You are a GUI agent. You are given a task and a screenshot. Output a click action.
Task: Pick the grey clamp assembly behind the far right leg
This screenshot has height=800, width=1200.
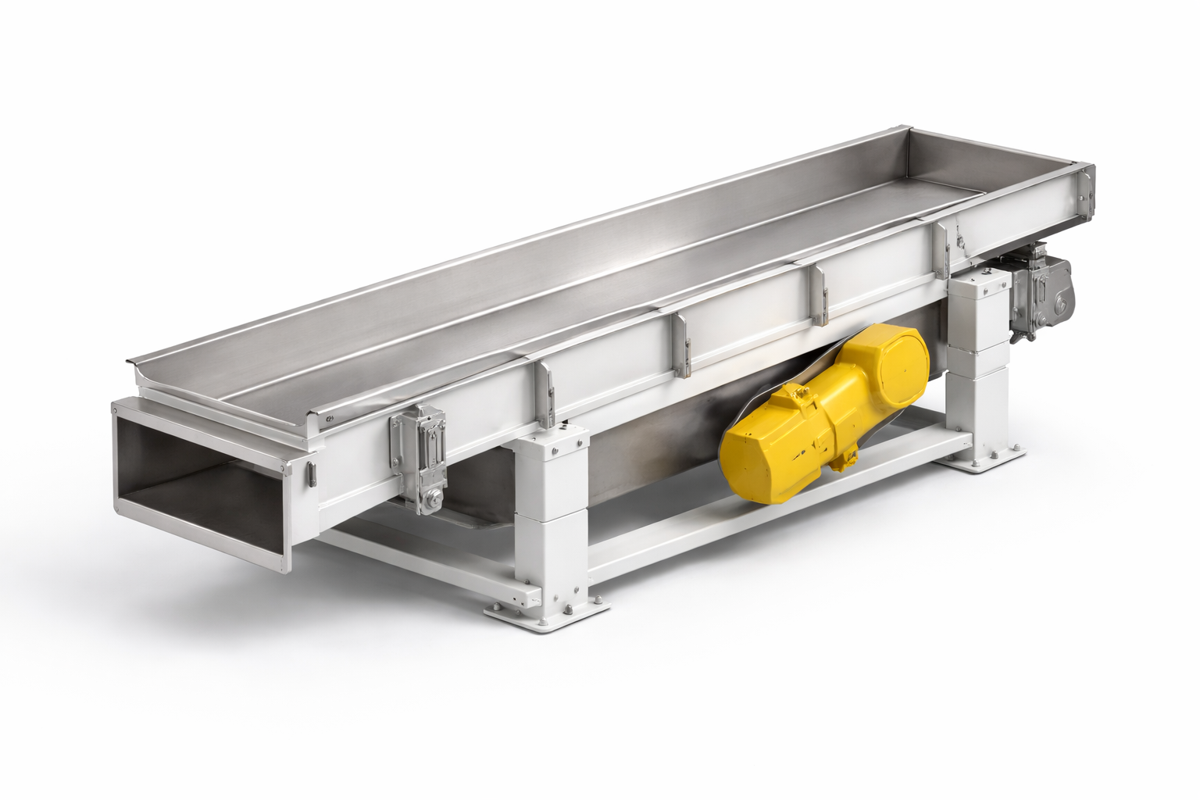click(1041, 293)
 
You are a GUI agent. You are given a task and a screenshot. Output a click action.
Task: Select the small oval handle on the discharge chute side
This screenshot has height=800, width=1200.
click(311, 475)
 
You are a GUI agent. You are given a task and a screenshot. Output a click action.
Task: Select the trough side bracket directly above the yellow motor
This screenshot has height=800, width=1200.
click(820, 295)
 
